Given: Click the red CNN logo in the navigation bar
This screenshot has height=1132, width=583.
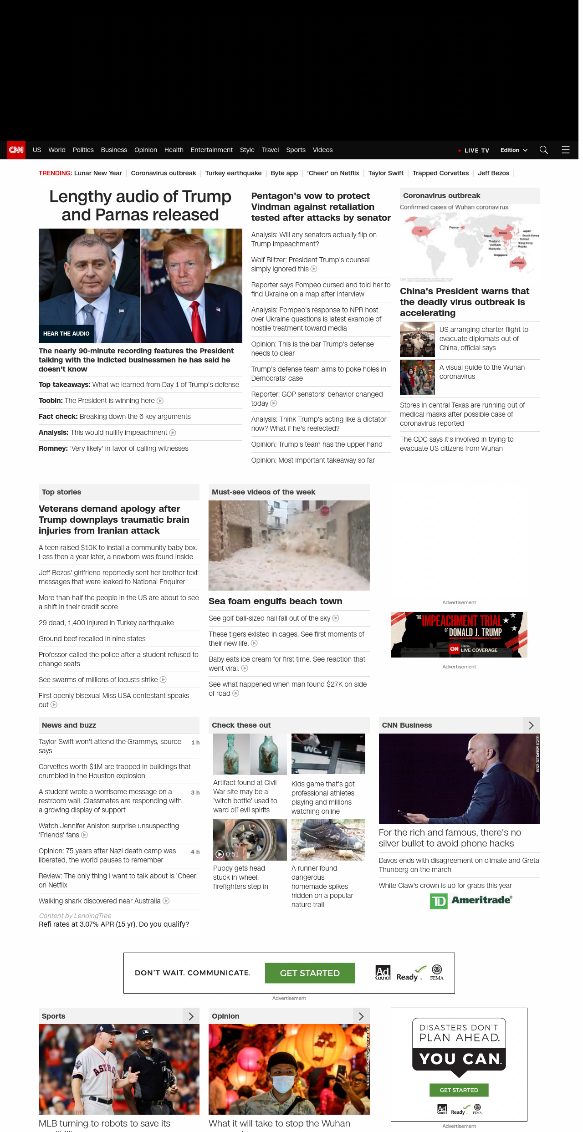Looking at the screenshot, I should coord(16,150).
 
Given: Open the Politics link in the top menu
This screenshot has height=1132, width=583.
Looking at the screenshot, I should coord(83,150).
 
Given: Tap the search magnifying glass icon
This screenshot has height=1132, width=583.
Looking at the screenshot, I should coord(543,150).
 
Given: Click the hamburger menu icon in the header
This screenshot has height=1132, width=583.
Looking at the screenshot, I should coord(566,150).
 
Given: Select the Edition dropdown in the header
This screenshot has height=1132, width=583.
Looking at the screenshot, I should coord(513,150).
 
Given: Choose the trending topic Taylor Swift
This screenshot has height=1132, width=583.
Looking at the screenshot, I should coord(386,173).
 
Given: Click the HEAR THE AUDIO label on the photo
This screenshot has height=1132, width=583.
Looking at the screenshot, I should coord(66,334).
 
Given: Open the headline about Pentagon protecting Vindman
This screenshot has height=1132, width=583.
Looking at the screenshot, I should coord(321,207).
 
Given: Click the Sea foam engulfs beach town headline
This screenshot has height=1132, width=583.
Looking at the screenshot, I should coord(275,601).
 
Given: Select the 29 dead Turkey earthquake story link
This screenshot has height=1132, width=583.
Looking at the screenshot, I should coord(106,623).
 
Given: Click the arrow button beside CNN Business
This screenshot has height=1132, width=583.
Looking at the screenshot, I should coord(531,725).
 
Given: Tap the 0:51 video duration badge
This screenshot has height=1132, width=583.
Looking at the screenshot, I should coord(228,854).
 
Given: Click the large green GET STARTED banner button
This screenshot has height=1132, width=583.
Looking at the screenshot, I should coord(310,973).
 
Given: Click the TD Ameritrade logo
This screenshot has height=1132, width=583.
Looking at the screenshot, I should coord(471,901).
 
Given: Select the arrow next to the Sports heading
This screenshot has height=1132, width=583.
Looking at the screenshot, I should coord(191,1016).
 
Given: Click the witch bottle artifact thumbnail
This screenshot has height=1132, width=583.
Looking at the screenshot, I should coord(250,754).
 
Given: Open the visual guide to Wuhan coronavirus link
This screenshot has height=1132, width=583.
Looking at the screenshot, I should coord(482,372).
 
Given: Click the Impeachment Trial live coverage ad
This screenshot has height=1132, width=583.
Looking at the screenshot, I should coord(459,634).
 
